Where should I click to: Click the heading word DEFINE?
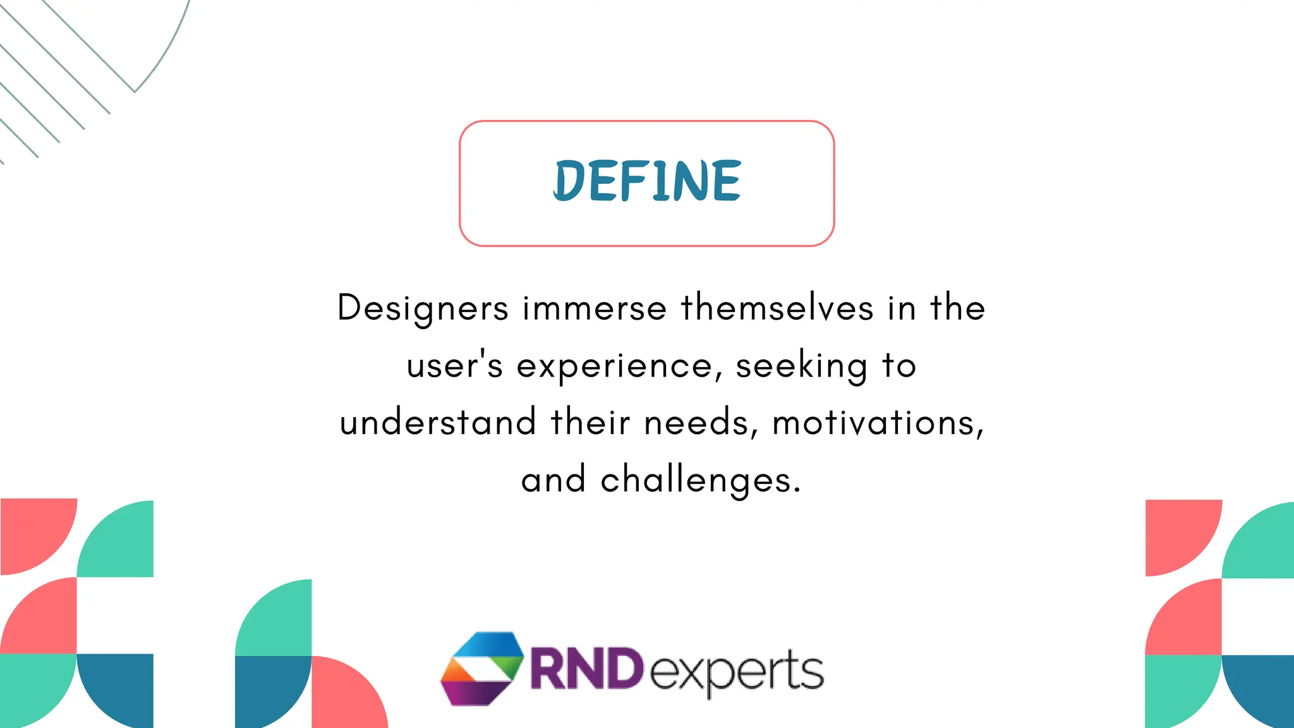pos(647,181)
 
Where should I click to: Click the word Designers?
pos(423,308)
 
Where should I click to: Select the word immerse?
pos(594,308)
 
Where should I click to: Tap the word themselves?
pos(777,308)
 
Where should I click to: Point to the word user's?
pos(454,365)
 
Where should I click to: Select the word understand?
pos(438,422)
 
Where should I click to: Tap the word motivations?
pos(878,422)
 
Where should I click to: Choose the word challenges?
pos(701,480)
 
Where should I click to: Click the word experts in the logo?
pos(737,672)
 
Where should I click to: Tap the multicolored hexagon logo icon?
pos(482,668)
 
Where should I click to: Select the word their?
pos(590,422)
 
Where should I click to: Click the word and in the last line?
pos(553,480)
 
